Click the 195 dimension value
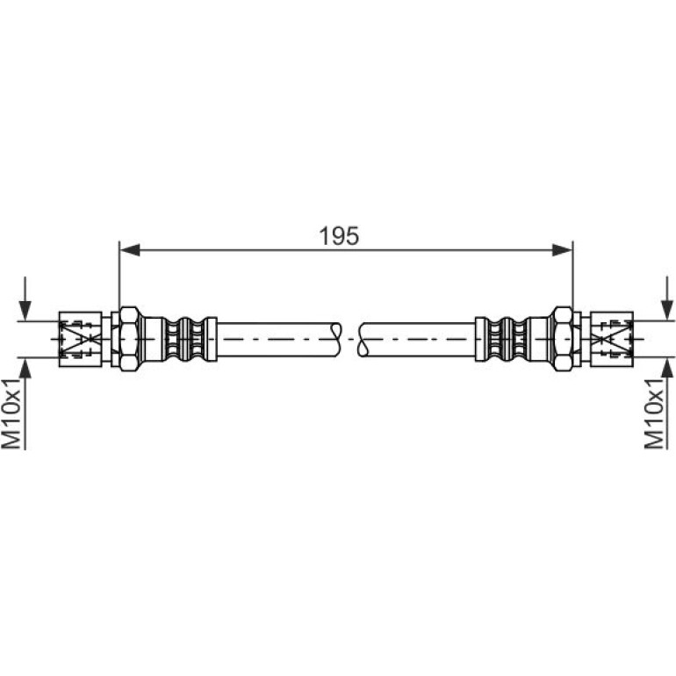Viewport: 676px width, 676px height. tap(339, 236)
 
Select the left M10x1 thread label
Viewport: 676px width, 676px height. tap(11, 414)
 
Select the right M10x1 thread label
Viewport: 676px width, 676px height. tap(654, 414)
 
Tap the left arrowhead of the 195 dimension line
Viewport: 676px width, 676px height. tap(130, 249)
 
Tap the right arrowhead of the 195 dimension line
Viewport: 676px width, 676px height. tap(562, 249)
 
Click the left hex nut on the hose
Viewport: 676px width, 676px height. tap(129, 339)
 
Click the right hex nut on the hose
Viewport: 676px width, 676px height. tap(563, 339)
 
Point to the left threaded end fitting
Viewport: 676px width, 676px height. tap(81, 339)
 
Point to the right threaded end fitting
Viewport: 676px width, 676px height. tap(611, 339)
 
